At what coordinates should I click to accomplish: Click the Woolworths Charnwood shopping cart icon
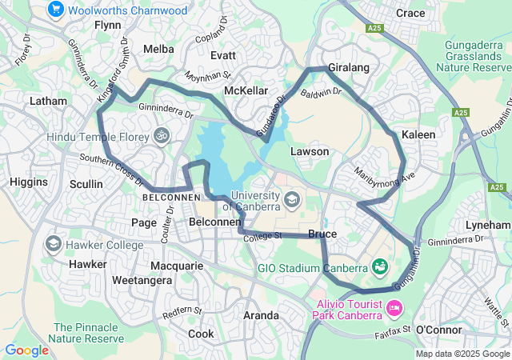tap(55, 10)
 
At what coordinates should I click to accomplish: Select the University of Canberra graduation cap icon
tap(291, 198)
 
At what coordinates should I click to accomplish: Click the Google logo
tap(26, 350)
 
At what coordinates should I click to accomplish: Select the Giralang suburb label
tap(348, 68)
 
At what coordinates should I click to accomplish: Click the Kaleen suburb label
tap(418, 134)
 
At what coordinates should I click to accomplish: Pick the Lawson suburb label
tap(310, 151)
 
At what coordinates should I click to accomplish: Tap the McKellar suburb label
tap(246, 90)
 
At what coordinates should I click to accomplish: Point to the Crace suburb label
tap(410, 13)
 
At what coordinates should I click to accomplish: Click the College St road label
tap(265, 236)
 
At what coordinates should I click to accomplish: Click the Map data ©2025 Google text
tap(462, 354)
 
